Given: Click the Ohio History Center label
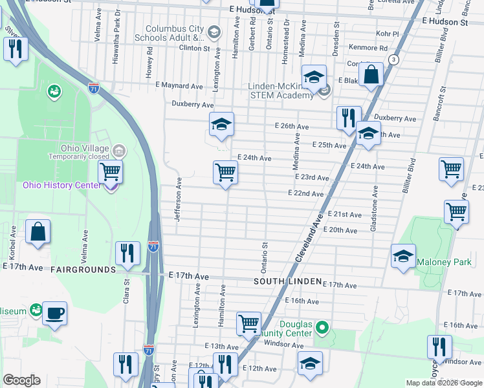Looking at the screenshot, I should (x=62, y=186).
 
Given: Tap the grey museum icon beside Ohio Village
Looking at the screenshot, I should (x=118, y=151).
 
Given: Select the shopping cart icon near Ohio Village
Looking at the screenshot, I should (x=111, y=172).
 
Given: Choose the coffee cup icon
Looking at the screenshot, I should (x=55, y=313).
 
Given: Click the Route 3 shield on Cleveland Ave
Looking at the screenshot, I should (x=393, y=59).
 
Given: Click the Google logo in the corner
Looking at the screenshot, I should (x=21, y=380).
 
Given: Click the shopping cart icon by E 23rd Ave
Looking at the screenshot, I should (x=225, y=173).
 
